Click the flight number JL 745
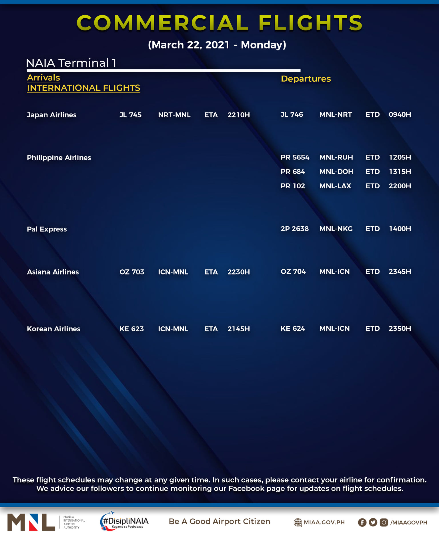(x=130, y=115)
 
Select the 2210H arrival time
(x=238, y=115)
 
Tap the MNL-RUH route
(x=336, y=158)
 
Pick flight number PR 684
(x=293, y=172)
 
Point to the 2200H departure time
(x=400, y=186)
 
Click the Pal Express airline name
(x=47, y=229)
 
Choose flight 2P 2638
(x=294, y=229)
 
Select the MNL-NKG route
(x=336, y=229)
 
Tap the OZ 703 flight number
(x=132, y=272)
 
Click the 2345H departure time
(x=400, y=272)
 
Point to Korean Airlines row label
(x=53, y=329)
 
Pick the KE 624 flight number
(x=293, y=329)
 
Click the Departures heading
(x=306, y=79)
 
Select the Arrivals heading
(x=43, y=78)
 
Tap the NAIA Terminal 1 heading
(x=71, y=63)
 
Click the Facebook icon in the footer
(x=362, y=522)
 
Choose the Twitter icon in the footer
(x=373, y=522)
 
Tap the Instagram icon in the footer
(x=384, y=522)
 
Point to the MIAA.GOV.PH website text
(x=324, y=522)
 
